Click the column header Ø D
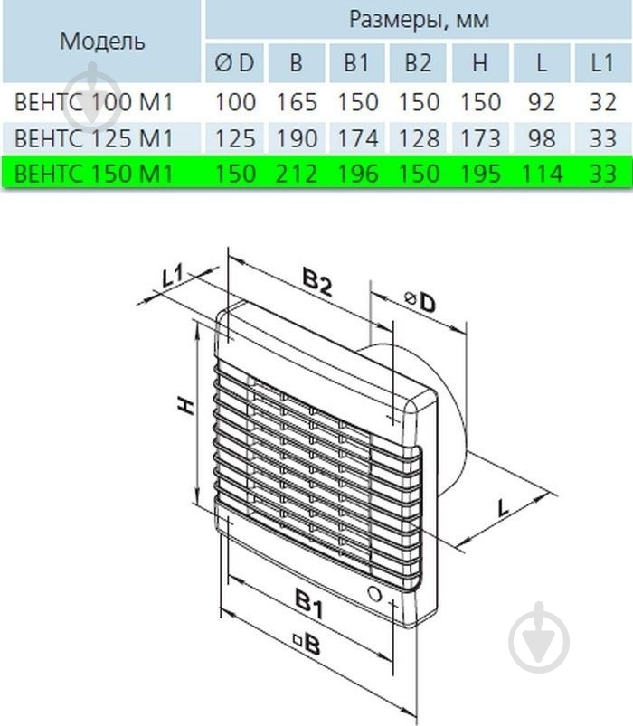tap(234, 62)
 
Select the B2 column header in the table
tap(418, 62)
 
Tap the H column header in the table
tap(480, 62)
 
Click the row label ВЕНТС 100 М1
tap(93, 102)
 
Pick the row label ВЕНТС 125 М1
tap(93, 138)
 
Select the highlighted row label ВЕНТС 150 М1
tap(93, 174)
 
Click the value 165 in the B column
tap(297, 102)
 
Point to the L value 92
tap(542, 102)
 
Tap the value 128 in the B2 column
tap(418, 138)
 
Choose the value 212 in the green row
tap(297, 174)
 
